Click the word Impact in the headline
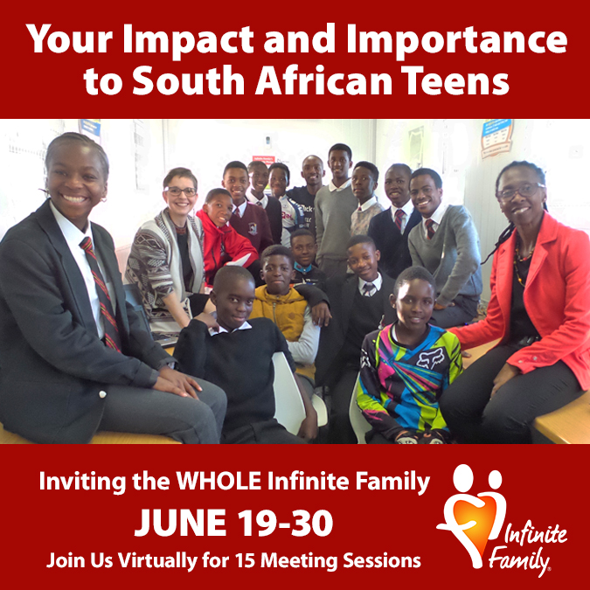pos(188,40)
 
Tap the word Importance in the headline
pos(456,40)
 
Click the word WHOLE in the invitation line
pos(219,481)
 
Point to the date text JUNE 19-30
pos(233,523)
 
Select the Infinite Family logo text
pos(528,550)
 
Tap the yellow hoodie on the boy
pos(281,311)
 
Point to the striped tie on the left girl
pos(101,294)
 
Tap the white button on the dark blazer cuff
pos(101,394)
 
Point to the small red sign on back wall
pos(263,160)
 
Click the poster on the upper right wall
pos(496,138)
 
